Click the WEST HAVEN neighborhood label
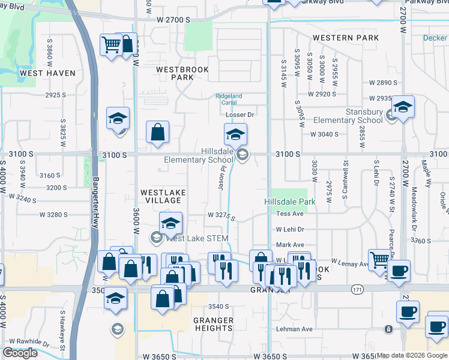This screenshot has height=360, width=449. tap(47, 73)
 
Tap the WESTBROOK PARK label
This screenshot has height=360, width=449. tap(182, 73)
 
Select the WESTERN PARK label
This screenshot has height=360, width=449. tap(345, 38)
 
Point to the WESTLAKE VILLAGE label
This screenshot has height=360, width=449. tap(163, 196)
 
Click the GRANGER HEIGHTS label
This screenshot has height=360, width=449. tap(213, 324)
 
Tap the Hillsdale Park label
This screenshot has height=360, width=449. tap(290, 202)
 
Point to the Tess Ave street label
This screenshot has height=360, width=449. tap(291, 214)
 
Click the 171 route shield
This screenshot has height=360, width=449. tap(358, 290)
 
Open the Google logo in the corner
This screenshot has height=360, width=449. tap(20, 353)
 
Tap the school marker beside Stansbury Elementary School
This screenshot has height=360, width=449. tap(403, 108)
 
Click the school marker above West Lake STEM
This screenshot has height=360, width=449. tap(171, 224)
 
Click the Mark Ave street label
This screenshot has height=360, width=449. tap(290, 245)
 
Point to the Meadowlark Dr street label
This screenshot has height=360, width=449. tap(414, 210)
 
